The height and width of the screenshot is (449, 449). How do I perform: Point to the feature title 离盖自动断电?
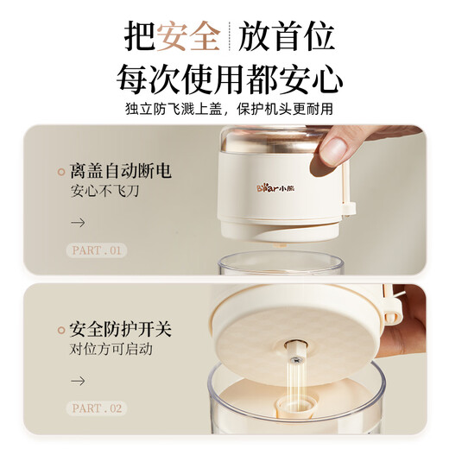[120, 171]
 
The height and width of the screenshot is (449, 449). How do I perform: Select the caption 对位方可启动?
[110, 351]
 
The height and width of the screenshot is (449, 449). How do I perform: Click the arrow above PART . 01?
[78, 222]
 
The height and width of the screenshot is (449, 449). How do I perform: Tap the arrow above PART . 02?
[78, 380]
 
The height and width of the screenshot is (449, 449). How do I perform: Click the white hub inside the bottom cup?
[294, 405]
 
